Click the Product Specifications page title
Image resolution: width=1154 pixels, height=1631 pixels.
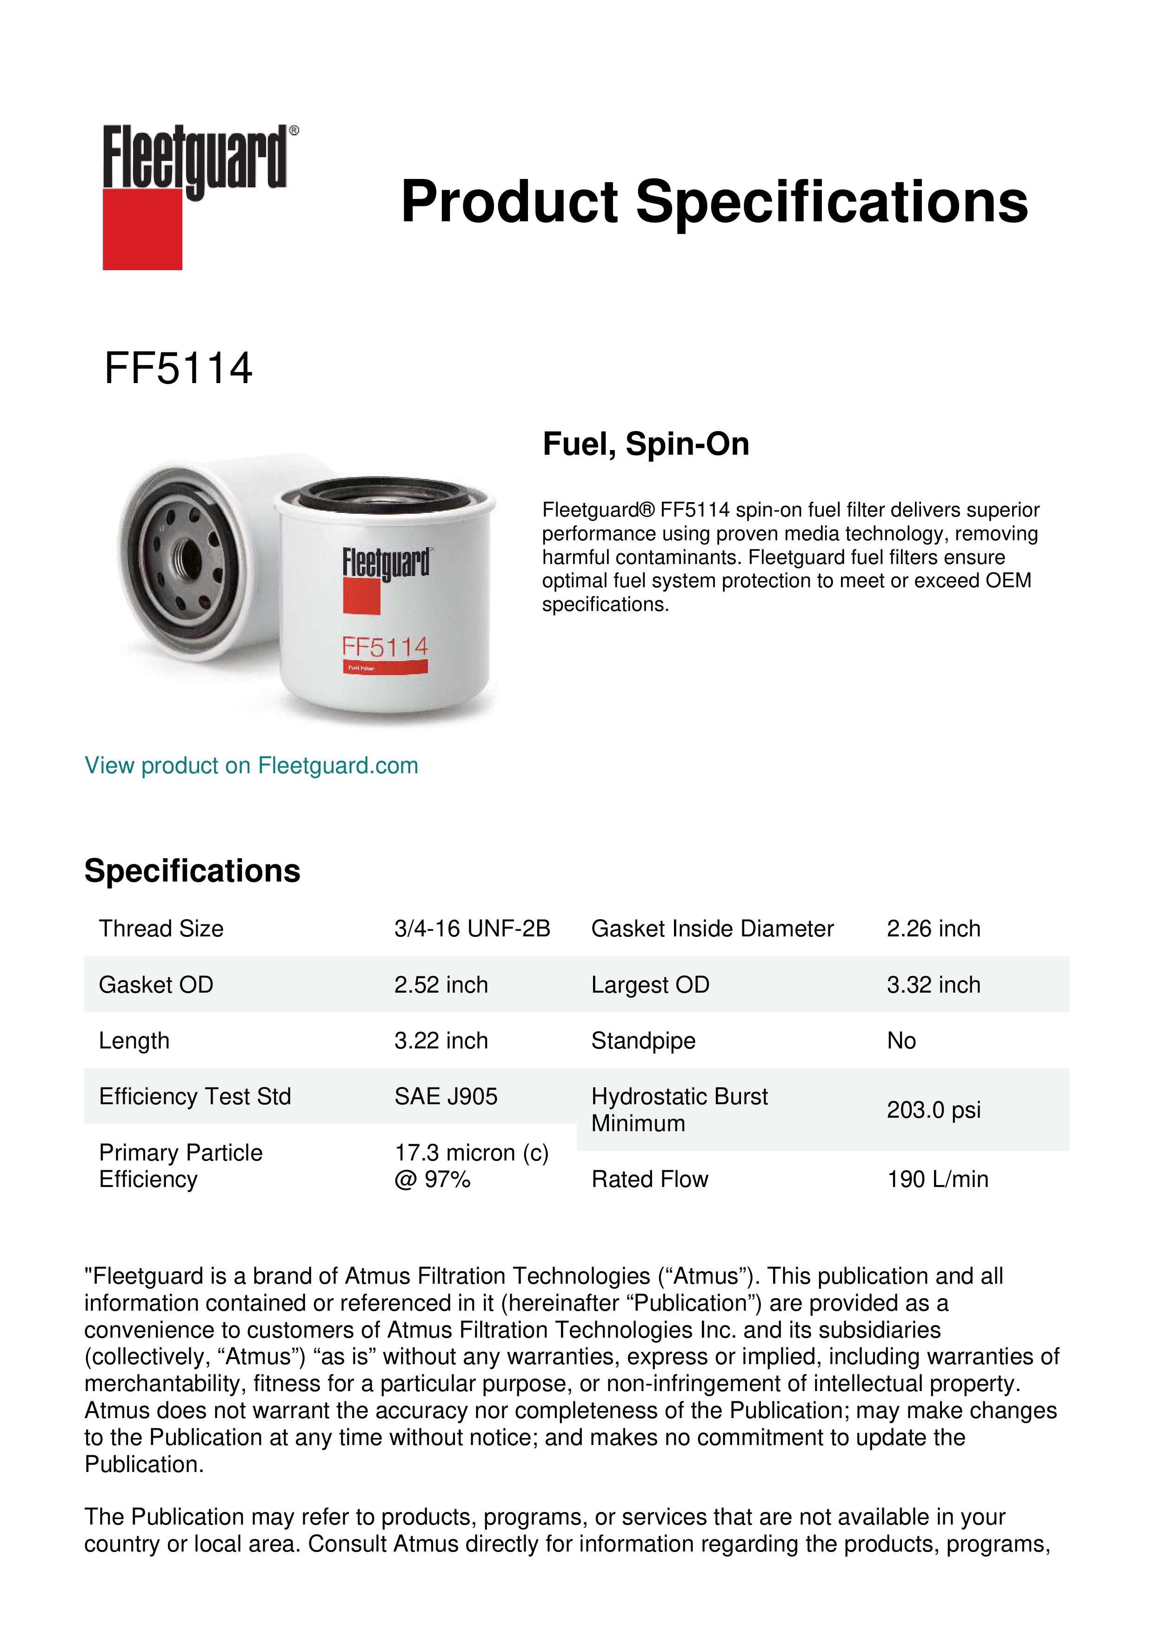point(714,202)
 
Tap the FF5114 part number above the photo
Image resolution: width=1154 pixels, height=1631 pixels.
point(178,369)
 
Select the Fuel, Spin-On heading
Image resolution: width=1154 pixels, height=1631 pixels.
point(645,444)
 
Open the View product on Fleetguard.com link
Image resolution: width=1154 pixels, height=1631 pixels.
point(251,766)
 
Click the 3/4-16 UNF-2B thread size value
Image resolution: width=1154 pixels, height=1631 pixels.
point(472,928)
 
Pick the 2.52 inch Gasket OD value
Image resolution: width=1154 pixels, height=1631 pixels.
point(440,985)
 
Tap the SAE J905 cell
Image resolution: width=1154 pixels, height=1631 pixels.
point(446,1096)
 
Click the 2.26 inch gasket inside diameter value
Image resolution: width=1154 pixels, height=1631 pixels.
point(933,928)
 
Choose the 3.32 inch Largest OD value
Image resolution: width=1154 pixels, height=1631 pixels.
point(933,985)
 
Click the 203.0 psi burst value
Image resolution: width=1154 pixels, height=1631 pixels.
point(933,1110)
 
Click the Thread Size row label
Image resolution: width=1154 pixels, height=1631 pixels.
point(161,928)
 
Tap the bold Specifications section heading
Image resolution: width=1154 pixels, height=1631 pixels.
point(192,871)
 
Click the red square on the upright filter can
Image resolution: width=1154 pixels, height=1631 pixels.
point(362,597)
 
